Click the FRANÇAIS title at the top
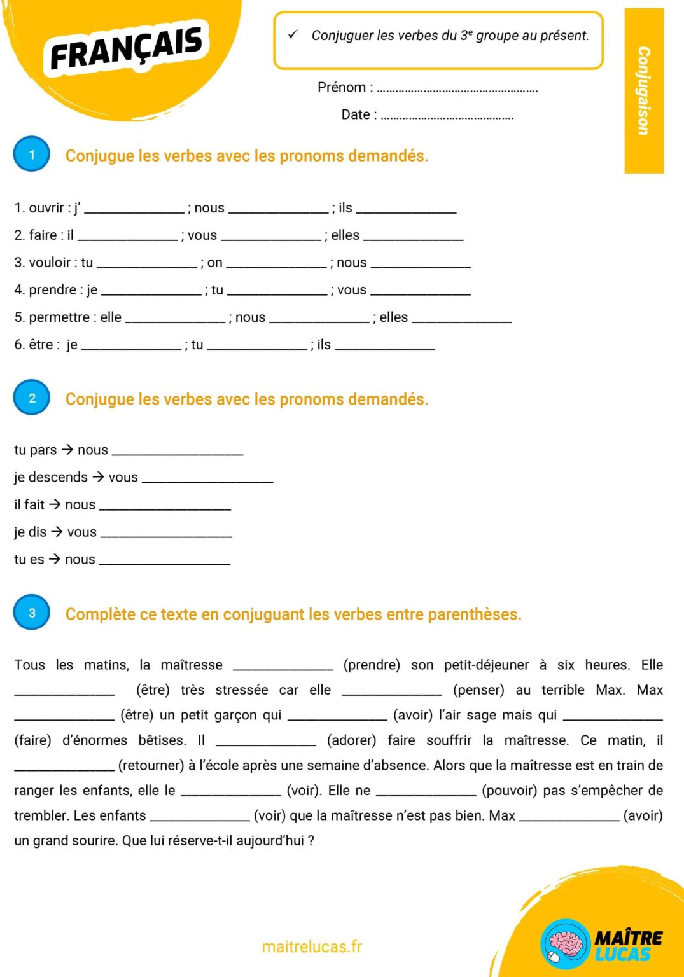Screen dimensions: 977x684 tap(127, 48)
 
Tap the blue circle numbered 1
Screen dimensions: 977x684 tap(32, 155)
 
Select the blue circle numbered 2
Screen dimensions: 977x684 tap(32, 398)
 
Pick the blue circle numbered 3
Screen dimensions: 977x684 tap(32, 613)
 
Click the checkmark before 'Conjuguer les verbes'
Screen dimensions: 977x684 tap(293, 35)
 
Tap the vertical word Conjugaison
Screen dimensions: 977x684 tap(644, 90)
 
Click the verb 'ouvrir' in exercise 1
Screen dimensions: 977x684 tap(46, 208)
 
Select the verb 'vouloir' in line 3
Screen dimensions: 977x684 tap(50, 263)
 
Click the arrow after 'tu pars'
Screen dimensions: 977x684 tap(67, 450)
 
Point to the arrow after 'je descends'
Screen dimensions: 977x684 tap(99, 477)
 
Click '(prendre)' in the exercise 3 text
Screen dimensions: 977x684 tap(372, 665)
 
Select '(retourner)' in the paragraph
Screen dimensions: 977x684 tap(151, 765)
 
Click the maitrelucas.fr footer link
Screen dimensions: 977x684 tap(312, 946)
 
